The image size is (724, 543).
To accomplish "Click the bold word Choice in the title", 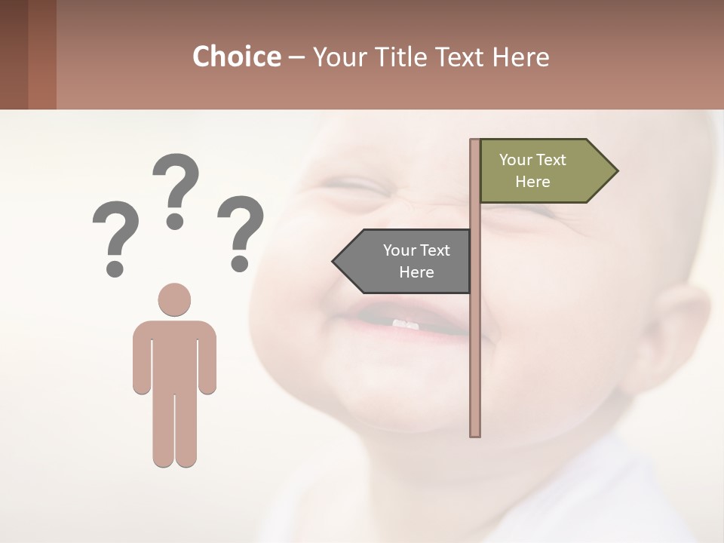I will tap(236, 57).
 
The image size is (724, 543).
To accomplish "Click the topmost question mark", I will tap(176, 189).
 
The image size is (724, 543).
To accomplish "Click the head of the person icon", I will tap(174, 299).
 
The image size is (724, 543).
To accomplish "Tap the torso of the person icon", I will tap(174, 354).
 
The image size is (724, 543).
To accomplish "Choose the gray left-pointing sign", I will tap(407, 261).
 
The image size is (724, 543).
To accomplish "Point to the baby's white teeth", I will tap(405, 324).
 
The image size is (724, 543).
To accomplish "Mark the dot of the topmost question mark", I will tap(175, 221).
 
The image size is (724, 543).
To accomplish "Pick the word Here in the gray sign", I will tap(416, 272).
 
